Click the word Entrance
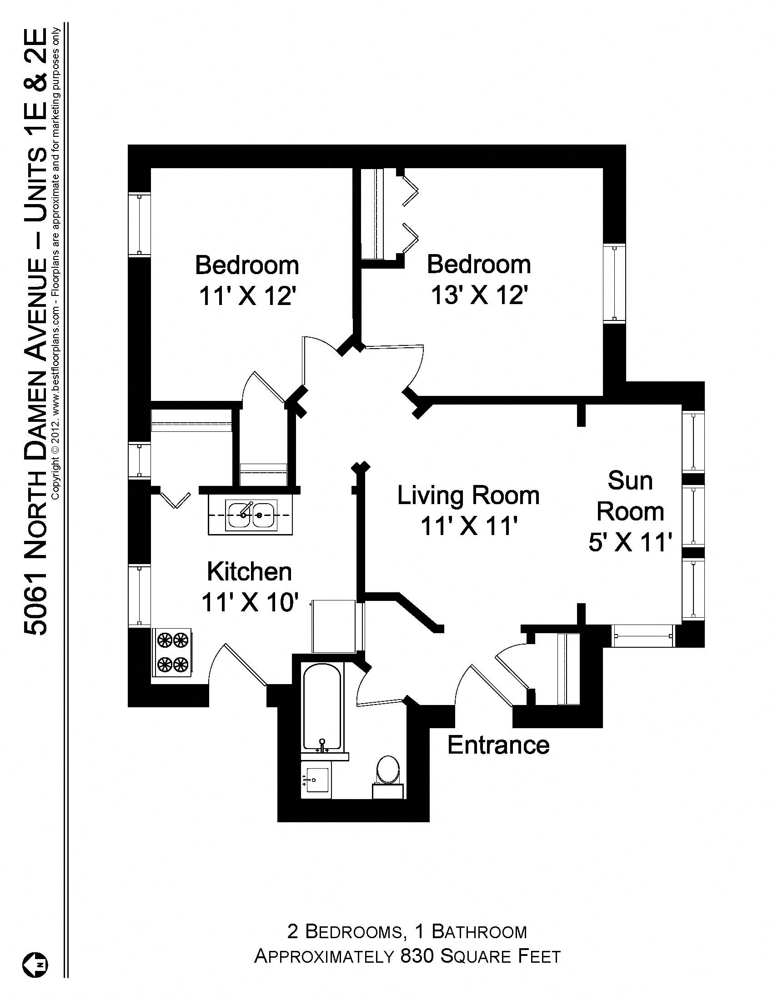(498, 745)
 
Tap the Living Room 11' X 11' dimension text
(468, 525)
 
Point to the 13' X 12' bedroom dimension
(479, 295)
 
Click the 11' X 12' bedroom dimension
(247, 296)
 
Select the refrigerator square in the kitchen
(334, 627)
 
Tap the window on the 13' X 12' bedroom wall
(614, 283)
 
